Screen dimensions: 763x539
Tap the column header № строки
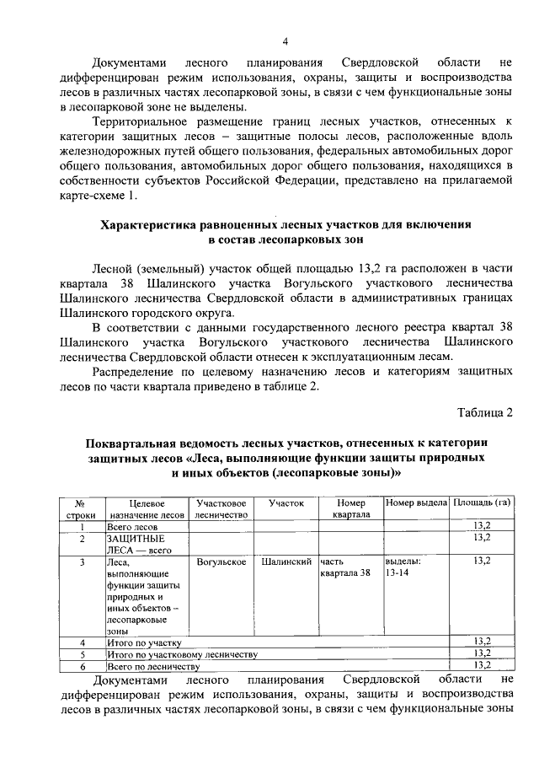pyautogui.click(x=82, y=508)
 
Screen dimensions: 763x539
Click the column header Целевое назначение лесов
pyautogui.click(x=146, y=508)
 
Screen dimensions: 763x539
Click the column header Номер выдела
pyautogui.click(x=416, y=503)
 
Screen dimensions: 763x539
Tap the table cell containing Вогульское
pyautogui.click(x=221, y=561)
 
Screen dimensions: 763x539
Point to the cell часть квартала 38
pyautogui.click(x=345, y=567)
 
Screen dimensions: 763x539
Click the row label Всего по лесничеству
pyautogui.click(x=152, y=664)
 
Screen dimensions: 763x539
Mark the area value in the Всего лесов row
pyautogui.click(x=482, y=526)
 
